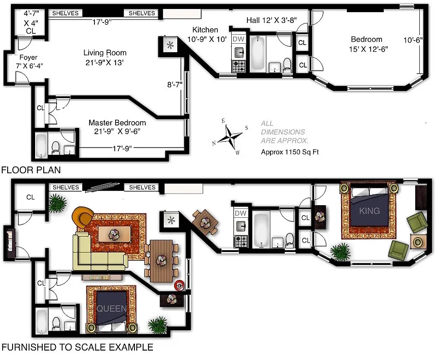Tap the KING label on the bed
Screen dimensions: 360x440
370,211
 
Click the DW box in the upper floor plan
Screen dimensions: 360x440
238,39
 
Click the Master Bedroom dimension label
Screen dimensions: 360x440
117,127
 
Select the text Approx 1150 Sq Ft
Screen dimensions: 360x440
290,152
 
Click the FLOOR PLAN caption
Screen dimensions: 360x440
31,170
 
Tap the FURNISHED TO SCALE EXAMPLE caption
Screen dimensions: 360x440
77,347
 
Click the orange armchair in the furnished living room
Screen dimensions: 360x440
83,216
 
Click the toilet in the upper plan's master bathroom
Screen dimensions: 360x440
56,147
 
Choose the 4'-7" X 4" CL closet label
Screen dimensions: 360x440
31,22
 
